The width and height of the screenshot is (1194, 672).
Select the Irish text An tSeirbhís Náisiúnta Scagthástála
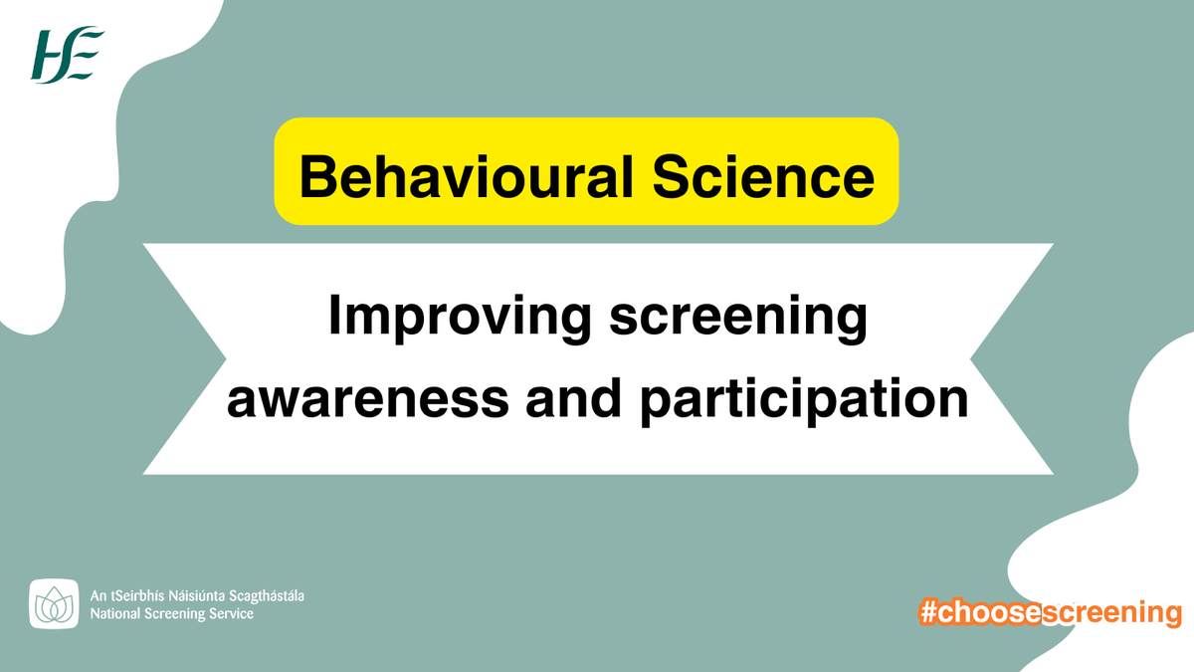[197, 595]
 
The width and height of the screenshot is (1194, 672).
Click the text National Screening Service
[171, 614]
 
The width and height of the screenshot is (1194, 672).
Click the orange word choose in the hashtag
[989, 612]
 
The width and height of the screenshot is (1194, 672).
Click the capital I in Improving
[334, 319]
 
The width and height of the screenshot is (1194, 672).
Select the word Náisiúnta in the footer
[198, 595]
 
